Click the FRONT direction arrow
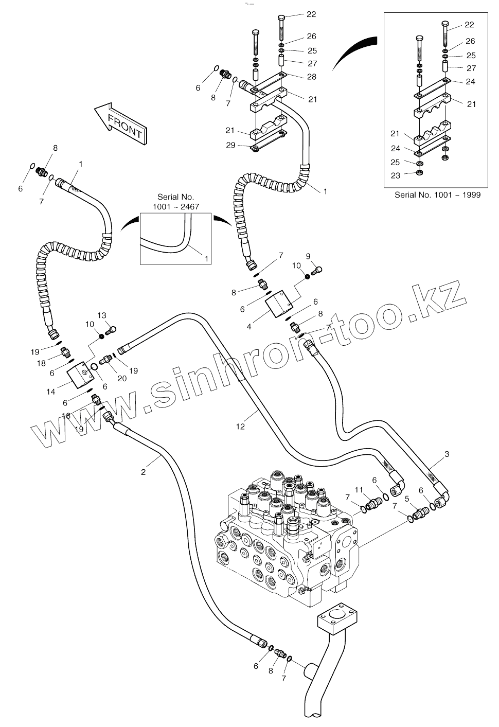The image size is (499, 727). tap(121, 124)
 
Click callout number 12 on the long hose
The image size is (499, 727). tap(240, 426)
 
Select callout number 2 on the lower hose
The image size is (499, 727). tap(144, 471)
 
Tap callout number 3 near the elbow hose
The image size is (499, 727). tap(447, 454)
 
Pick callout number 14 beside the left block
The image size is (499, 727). tap(50, 392)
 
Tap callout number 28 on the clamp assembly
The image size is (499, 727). tap(312, 77)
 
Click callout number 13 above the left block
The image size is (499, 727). tap(101, 315)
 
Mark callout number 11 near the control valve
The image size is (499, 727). tap(359, 489)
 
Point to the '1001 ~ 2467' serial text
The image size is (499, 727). tap(175, 206)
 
